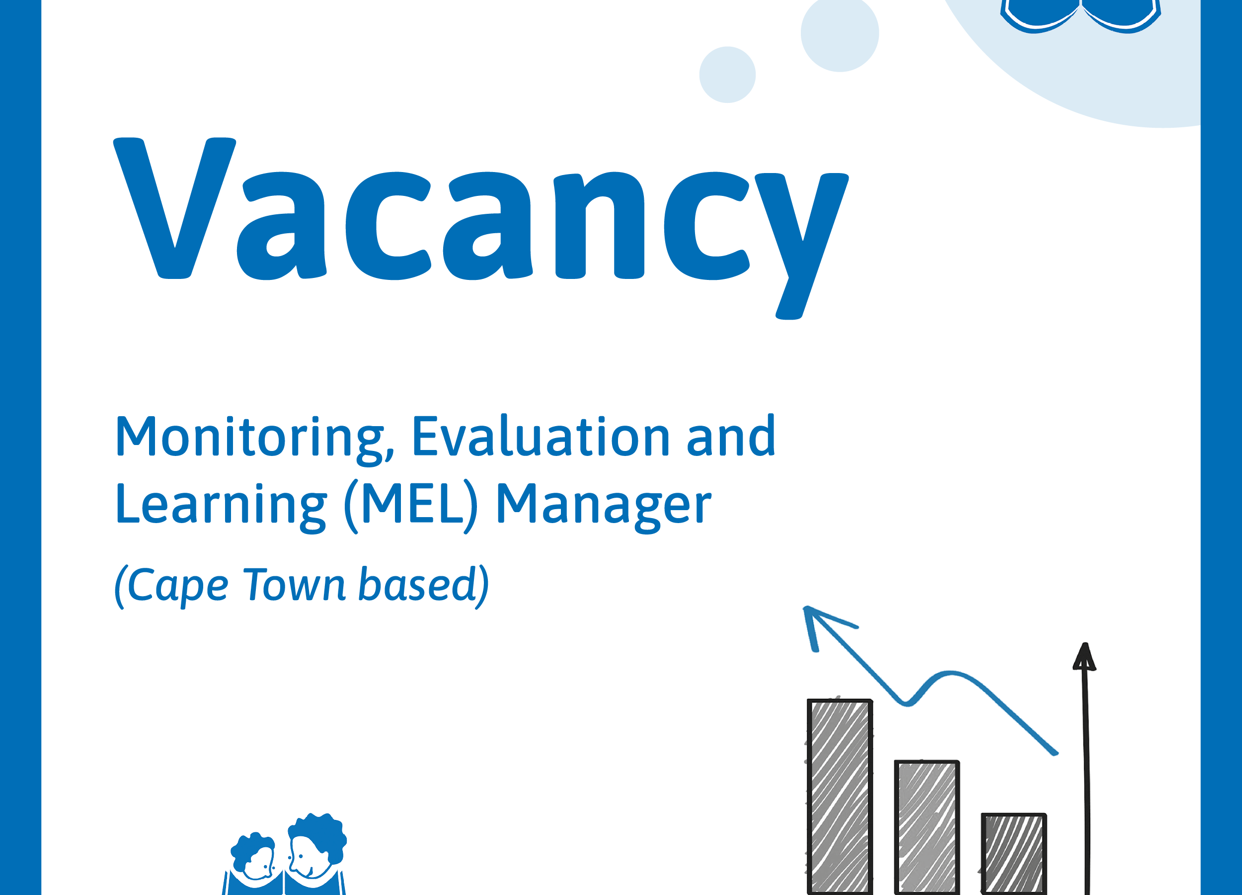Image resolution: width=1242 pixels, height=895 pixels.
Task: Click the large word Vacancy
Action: click(x=481, y=227)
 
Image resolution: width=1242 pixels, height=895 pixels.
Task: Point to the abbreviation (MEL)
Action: click(x=411, y=505)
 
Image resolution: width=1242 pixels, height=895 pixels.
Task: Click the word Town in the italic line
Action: click(x=294, y=585)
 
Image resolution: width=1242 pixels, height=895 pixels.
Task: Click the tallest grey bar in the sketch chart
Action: click(x=840, y=797)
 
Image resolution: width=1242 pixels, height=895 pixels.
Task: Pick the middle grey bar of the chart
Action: click(x=927, y=827)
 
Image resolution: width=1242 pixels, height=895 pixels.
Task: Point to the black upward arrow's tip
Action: click(x=1085, y=643)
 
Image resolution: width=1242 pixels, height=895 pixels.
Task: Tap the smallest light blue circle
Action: click(x=727, y=75)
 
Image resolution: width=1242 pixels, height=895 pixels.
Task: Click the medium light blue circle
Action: click(x=840, y=33)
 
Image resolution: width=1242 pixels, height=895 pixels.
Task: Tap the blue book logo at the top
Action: click(x=1081, y=15)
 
